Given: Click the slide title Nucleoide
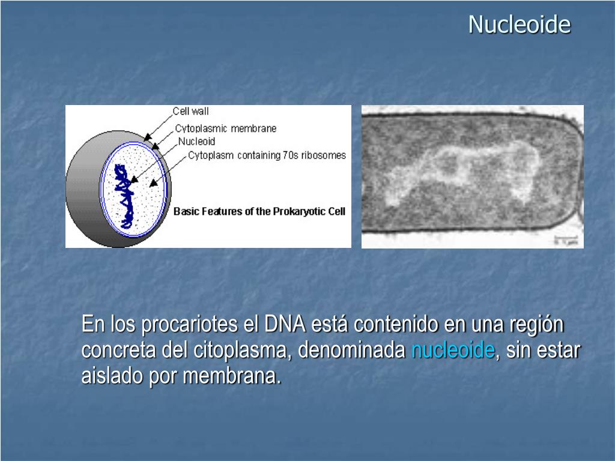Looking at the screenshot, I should click(x=519, y=25).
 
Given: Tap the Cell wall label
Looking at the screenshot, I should click(x=190, y=111).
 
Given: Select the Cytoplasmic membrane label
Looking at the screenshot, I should click(x=226, y=128).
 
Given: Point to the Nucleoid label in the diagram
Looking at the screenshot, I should click(x=196, y=142).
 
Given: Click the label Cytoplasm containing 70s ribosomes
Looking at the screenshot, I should click(x=267, y=155).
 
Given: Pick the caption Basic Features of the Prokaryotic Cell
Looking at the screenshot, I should click(x=259, y=211).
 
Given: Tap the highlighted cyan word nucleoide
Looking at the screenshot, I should click(x=453, y=350).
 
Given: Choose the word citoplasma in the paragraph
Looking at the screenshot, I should click(x=243, y=350).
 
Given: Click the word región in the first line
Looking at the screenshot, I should click(x=536, y=325).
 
